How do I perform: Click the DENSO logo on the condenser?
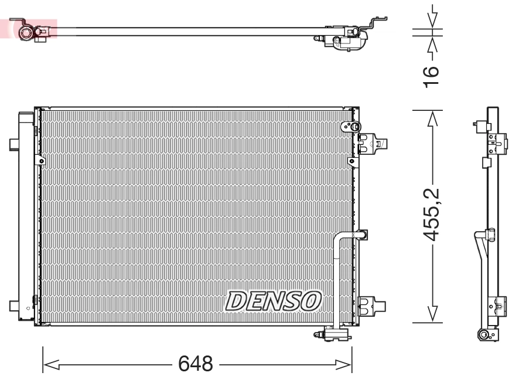click(274, 301)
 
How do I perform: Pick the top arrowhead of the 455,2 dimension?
click(432, 118)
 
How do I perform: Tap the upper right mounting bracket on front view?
click(371, 143)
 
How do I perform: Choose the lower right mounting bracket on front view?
click(371, 304)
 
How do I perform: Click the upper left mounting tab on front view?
click(14, 144)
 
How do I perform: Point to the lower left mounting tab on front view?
click(14, 305)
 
